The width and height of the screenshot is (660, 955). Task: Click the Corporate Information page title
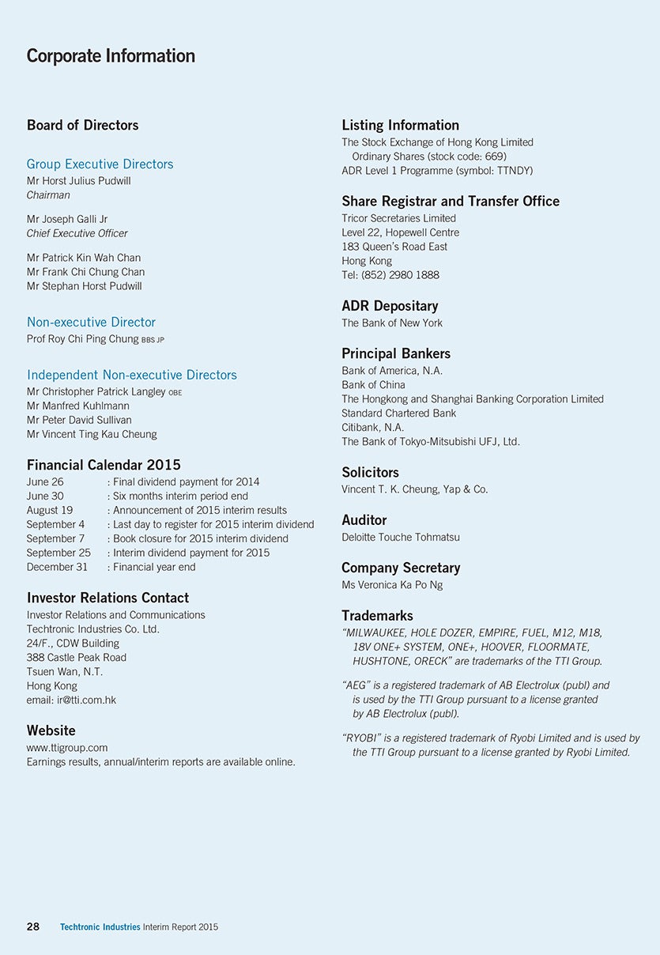click(x=111, y=56)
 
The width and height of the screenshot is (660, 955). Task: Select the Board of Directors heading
click(x=82, y=125)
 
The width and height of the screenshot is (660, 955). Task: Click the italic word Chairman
click(x=48, y=195)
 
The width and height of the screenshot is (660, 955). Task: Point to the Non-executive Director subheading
click(x=91, y=322)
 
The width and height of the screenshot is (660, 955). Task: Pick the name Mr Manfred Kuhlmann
click(x=78, y=406)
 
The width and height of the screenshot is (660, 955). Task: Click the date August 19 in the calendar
click(x=50, y=510)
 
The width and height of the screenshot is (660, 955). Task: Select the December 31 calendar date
click(x=57, y=567)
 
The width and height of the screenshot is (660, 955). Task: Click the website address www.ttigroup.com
click(x=67, y=747)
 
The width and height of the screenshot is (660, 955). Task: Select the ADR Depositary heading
click(x=390, y=306)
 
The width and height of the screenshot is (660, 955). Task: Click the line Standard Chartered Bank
click(x=398, y=413)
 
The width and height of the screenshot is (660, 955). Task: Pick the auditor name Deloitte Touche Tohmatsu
click(x=400, y=537)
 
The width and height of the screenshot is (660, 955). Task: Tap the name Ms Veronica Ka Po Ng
click(x=392, y=585)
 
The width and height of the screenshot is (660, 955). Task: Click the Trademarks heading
click(x=377, y=615)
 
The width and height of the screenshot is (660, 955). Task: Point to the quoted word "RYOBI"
click(x=362, y=738)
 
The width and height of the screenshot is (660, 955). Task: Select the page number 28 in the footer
click(x=33, y=927)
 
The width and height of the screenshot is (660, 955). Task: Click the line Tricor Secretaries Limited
click(x=398, y=218)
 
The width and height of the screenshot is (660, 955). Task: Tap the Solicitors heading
click(x=370, y=472)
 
